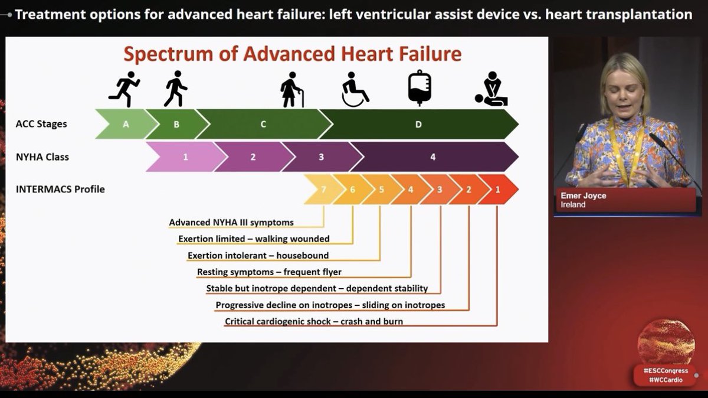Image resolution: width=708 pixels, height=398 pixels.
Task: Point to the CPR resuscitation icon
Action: click(491, 91)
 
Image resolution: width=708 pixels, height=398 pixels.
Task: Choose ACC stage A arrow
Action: click(126, 124)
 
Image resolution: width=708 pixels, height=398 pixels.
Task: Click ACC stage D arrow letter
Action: click(418, 124)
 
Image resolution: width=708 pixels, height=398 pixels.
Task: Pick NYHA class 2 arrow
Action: click(253, 157)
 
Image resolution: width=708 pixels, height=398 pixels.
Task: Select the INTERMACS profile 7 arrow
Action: click(323, 190)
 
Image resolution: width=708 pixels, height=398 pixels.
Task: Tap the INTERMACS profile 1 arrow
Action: click(497, 190)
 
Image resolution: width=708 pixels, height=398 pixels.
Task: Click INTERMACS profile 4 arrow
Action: click(410, 190)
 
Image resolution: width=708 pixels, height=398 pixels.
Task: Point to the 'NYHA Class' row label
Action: click(42, 157)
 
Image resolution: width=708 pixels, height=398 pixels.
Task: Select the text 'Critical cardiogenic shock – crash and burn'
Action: click(314, 322)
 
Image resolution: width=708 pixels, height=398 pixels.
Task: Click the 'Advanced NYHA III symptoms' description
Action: click(231, 223)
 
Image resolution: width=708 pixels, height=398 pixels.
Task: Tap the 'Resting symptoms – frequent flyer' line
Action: click(269, 272)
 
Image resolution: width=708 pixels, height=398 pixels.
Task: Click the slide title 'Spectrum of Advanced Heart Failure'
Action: click(292, 54)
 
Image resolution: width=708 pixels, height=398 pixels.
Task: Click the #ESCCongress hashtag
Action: click(666, 370)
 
